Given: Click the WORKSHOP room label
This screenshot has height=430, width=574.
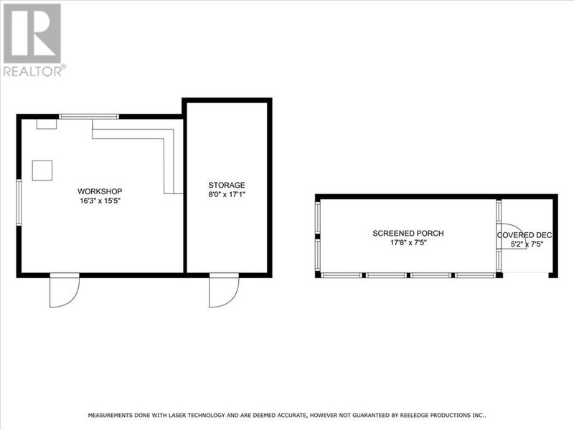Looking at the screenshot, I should click(100, 191).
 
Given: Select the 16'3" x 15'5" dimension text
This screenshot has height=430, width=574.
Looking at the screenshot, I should click(100, 201).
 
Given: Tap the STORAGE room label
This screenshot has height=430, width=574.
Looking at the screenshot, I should click(227, 185).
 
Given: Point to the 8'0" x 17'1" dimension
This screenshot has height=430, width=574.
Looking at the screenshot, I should click(227, 194).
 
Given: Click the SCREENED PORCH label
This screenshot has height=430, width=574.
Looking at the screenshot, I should click(408, 234).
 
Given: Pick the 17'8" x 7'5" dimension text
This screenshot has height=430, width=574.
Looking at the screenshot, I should click(408, 243).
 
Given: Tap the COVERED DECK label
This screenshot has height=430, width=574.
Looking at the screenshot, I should click(524, 234).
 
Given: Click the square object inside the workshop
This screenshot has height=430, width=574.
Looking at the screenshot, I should click(42, 170).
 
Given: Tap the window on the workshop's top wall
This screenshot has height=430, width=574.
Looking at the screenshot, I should click(90, 116).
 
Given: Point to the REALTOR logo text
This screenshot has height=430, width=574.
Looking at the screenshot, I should click(34, 70).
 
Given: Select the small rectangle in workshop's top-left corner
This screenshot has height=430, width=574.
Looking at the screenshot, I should click(47, 123).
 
